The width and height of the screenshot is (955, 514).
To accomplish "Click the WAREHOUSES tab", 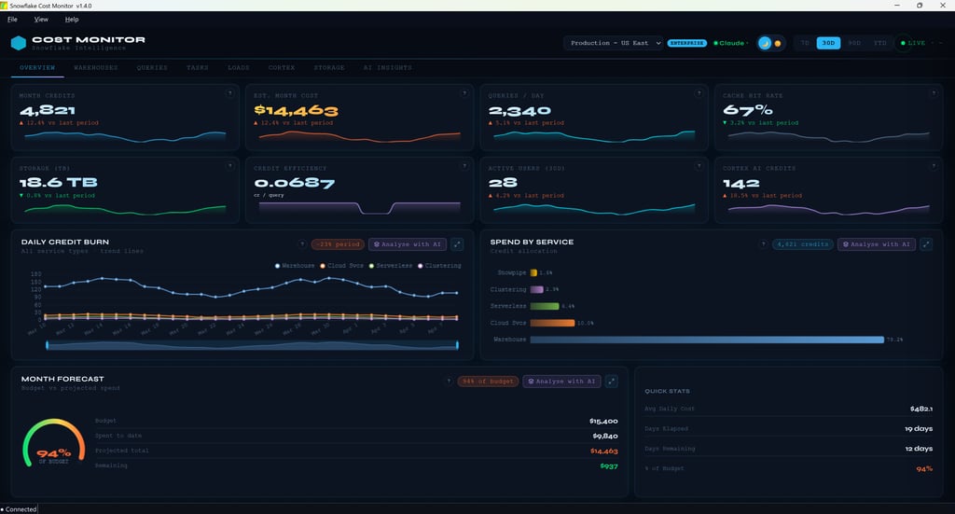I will pyautogui.click(x=96, y=68).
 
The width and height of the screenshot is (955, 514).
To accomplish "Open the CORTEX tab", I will pyautogui.click(x=282, y=68).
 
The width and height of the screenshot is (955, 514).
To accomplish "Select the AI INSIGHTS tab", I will pyautogui.click(x=388, y=68).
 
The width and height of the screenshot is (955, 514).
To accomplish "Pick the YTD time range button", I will pyautogui.click(x=879, y=43).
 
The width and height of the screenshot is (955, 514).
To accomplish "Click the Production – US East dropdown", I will pyautogui.click(x=615, y=43).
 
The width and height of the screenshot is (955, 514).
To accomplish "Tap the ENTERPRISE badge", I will pyautogui.click(x=687, y=43).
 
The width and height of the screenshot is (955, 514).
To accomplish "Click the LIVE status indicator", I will pyautogui.click(x=913, y=43).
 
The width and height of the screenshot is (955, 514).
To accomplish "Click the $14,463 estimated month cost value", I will pyautogui.click(x=296, y=110).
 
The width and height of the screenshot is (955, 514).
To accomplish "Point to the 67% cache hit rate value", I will pyautogui.click(x=748, y=110).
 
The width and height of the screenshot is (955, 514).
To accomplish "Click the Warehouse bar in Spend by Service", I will pyautogui.click(x=706, y=340).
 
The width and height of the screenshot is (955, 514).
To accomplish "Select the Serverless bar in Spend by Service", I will pyautogui.click(x=545, y=306).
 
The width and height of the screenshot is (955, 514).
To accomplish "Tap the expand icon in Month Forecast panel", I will pyautogui.click(x=612, y=381).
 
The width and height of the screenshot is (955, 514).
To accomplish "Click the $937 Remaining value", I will pyautogui.click(x=608, y=465).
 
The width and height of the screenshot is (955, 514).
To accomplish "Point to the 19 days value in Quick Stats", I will pyautogui.click(x=918, y=428).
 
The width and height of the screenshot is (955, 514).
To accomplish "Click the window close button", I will pyautogui.click(x=942, y=6).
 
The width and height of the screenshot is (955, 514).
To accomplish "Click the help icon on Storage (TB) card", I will pyautogui.click(x=228, y=166).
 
